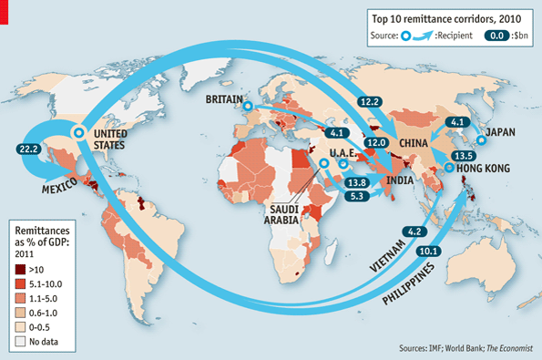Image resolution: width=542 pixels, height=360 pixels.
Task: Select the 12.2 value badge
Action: tap(370, 102)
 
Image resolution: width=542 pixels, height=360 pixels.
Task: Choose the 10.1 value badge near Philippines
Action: tap(425, 252)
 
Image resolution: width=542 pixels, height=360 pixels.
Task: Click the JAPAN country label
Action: tap(501, 132)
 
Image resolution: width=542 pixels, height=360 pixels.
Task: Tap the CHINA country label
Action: tap(414, 143)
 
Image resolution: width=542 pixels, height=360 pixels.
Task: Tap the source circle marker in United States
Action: tap(78, 133)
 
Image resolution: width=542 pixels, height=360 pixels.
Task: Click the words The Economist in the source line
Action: tap(505, 349)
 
